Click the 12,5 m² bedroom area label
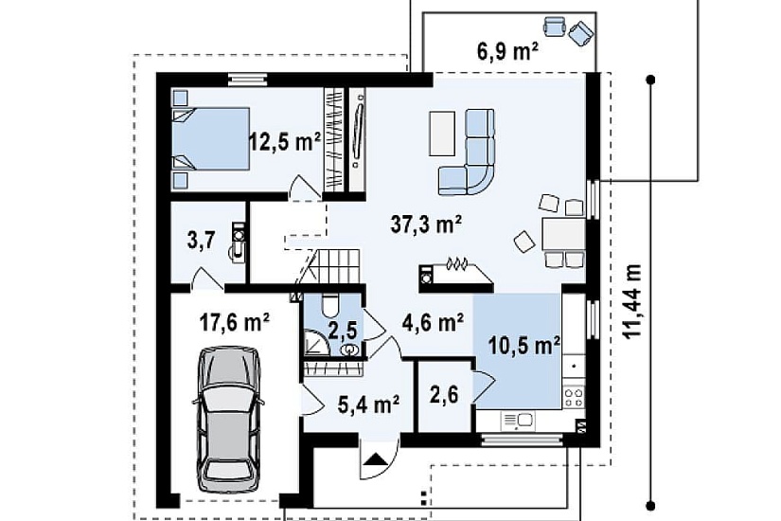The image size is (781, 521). (x=285, y=141)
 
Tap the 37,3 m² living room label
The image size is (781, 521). (x=426, y=224)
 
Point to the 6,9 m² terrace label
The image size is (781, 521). (x=507, y=50)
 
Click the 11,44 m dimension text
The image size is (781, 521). (x=632, y=300)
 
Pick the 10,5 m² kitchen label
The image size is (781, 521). (x=524, y=345)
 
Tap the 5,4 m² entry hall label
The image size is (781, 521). (x=368, y=404)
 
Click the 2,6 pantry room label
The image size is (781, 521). (x=444, y=394)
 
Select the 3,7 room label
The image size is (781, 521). (x=202, y=241)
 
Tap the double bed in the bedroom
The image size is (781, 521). (x=211, y=138)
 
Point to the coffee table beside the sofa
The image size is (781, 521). (x=442, y=134)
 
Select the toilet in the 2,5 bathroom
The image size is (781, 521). (x=330, y=306)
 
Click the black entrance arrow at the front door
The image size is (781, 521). (x=375, y=458)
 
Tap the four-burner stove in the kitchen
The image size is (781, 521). (x=574, y=396)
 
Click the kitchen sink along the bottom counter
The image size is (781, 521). (x=518, y=421)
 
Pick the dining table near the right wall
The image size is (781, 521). (x=563, y=234)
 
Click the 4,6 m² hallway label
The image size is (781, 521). (x=433, y=323)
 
